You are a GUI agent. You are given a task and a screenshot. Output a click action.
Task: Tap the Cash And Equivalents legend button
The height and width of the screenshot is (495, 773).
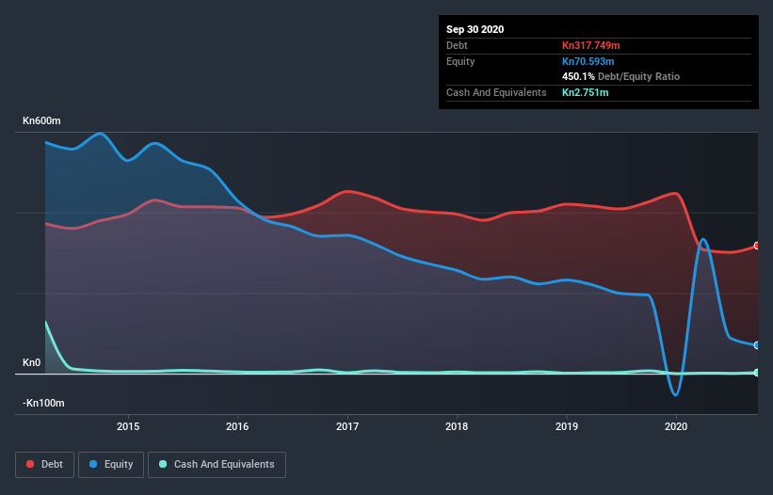point(217,464)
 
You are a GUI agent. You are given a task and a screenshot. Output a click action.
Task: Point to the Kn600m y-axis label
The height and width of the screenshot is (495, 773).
point(43,121)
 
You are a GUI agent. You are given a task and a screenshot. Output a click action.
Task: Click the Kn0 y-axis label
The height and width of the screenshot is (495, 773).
point(32,362)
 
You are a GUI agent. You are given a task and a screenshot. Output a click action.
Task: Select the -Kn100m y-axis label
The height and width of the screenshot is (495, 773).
point(44,403)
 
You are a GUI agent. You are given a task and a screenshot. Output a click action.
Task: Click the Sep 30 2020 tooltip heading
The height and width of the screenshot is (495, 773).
point(475,29)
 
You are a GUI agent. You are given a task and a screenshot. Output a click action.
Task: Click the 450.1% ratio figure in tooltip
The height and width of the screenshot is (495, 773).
point(578,76)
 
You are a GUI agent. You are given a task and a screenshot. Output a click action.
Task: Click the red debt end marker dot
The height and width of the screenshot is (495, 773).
point(757,246)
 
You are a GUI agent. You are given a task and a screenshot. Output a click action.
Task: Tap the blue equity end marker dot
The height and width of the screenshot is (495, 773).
point(757,345)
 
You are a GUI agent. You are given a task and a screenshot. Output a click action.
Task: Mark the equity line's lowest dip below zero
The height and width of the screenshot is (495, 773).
point(675,395)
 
